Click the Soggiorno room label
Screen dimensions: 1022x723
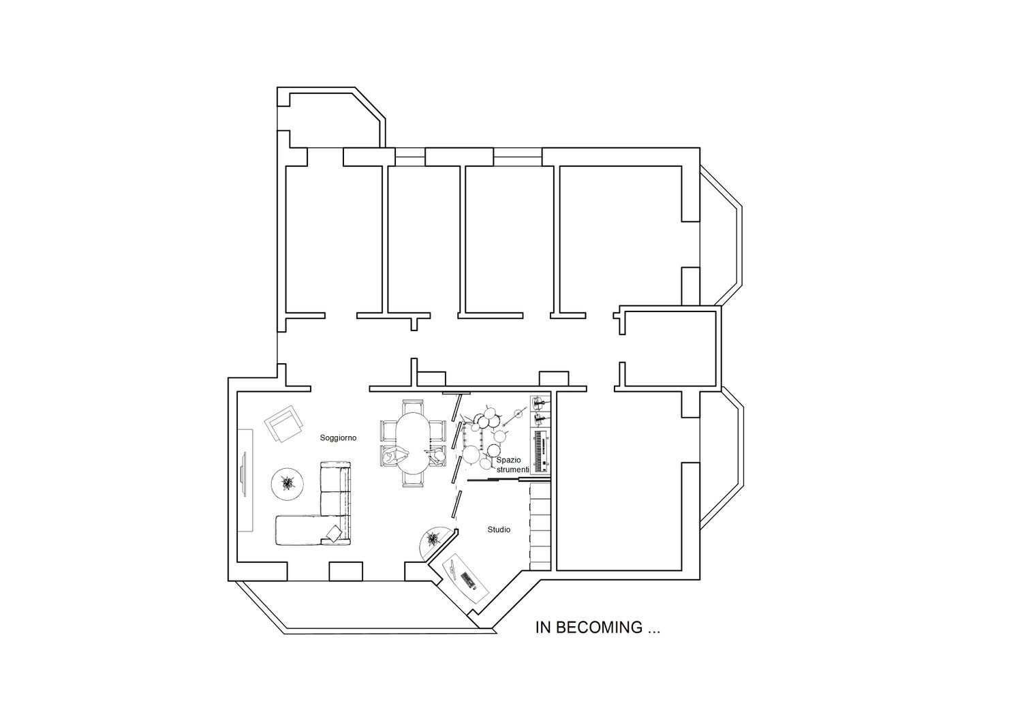pos(338,438)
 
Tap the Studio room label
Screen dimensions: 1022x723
pos(499,530)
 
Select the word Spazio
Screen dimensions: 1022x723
pos(509,460)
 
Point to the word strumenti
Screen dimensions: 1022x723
pos(513,470)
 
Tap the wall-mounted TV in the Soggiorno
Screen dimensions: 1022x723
pos(244,474)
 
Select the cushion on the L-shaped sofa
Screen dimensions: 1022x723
pos(335,533)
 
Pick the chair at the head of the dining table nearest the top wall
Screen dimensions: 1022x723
pos(413,406)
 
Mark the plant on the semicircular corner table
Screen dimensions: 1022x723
pos(432,540)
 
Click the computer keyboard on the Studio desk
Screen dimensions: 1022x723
pos(467,580)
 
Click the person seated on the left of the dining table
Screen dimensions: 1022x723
pos(396,456)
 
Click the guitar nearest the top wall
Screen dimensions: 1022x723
pos(540,403)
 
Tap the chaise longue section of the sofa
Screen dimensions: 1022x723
pos(299,530)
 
